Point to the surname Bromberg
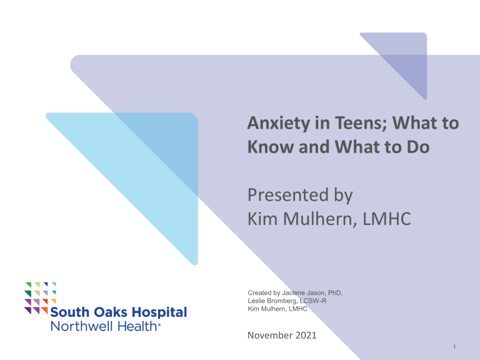coord(291,301)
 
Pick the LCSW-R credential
coord(329,301)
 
